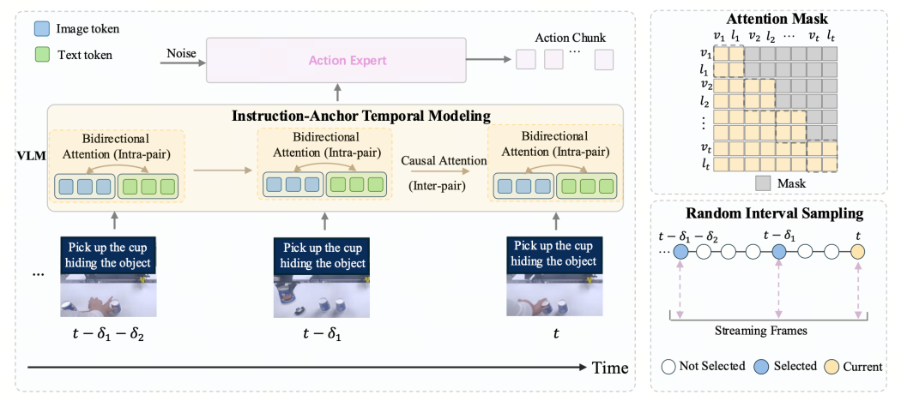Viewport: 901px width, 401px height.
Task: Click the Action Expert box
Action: [336, 60]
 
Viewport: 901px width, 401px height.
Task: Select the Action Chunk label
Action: [570, 39]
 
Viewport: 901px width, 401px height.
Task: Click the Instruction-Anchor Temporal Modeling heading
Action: [361, 116]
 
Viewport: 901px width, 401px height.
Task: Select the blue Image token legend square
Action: [43, 28]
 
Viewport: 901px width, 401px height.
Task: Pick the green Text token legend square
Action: [43, 56]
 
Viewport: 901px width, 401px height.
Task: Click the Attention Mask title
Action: [771, 18]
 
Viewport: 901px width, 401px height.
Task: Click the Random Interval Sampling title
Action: [774, 213]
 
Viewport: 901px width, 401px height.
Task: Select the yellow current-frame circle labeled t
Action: [857, 251]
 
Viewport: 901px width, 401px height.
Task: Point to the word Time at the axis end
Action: [610, 367]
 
